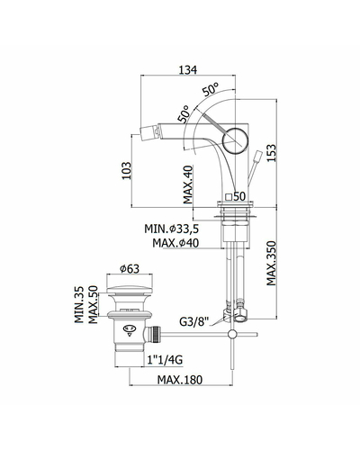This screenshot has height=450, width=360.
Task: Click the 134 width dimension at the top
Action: point(188,69)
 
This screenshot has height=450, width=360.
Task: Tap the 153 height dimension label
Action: point(271,153)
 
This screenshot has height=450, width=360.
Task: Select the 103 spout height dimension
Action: point(127,171)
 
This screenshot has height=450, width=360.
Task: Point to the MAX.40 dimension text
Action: point(188,184)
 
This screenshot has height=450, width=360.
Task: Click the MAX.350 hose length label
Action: point(271,263)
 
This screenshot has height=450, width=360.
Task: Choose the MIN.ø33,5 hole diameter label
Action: point(171,229)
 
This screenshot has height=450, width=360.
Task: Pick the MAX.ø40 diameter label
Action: point(175,243)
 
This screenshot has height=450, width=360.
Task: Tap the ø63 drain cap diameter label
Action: point(130,269)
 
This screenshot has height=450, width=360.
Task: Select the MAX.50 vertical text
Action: point(94,304)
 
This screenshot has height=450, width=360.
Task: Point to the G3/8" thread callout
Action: point(193,322)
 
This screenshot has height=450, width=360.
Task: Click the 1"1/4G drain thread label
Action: point(165,359)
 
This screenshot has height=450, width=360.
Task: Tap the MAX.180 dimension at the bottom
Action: point(180,380)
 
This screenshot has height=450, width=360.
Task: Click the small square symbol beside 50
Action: point(229,197)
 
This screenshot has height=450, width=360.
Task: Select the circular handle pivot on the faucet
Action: point(235,141)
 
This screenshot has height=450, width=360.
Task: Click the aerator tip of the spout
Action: point(149,132)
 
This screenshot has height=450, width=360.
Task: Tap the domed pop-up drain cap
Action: point(130,290)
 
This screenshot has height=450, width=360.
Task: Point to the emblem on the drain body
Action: point(130,329)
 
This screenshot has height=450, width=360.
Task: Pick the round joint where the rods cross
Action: point(232,334)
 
